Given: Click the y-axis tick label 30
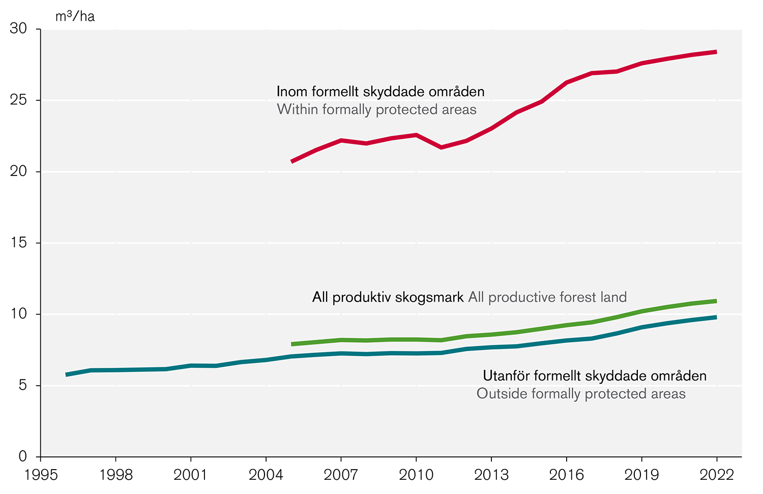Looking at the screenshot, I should pyautogui.click(x=18, y=29).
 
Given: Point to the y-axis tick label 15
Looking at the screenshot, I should pyautogui.click(x=18, y=243).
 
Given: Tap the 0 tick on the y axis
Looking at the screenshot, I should pyautogui.click(x=22, y=456).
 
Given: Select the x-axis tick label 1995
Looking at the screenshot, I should pyautogui.click(x=40, y=475).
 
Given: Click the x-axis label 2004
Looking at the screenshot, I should pyautogui.click(x=266, y=475).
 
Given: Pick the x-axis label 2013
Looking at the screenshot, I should pyautogui.click(x=491, y=475).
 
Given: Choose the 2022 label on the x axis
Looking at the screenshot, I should pyautogui.click(x=716, y=475).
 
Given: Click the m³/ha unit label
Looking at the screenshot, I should pyautogui.click(x=75, y=16).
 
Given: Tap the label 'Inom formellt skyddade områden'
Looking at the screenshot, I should pyautogui.click(x=380, y=92).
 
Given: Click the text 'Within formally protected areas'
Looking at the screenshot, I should pyautogui.click(x=376, y=109).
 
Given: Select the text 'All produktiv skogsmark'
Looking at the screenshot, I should pyautogui.click(x=388, y=297).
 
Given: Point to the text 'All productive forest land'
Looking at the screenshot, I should pyautogui.click(x=547, y=297).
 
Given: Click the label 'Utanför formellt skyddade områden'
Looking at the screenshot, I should pyautogui.click(x=594, y=376).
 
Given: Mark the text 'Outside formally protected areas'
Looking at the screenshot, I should pyautogui.click(x=581, y=394).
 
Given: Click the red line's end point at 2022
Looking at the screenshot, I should pyautogui.click(x=716, y=52).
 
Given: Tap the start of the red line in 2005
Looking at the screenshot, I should pyautogui.click(x=292, y=161).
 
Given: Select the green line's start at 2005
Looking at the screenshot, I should pyautogui.click(x=292, y=344).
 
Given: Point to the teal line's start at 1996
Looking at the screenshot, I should pyautogui.click(x=67, y=374).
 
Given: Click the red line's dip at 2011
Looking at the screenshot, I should pyautogui.click(x=441, y=148).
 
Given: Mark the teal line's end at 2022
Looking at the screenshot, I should pyautogui.click(x=716, y=317).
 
